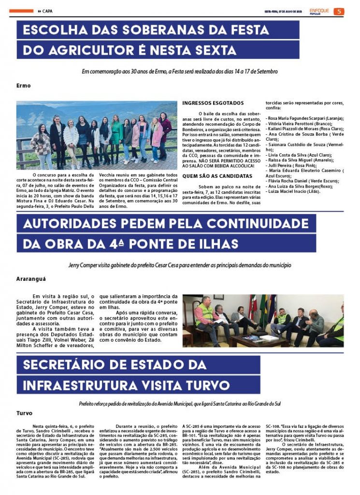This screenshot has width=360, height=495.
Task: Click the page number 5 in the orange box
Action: click(x=339, y=11)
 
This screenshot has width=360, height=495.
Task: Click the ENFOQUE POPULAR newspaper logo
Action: click(x=320, y=11)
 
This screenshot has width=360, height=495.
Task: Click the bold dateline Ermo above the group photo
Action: click(x=23, y=86)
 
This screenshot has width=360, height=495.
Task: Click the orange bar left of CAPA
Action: click(x=21, y=11)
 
